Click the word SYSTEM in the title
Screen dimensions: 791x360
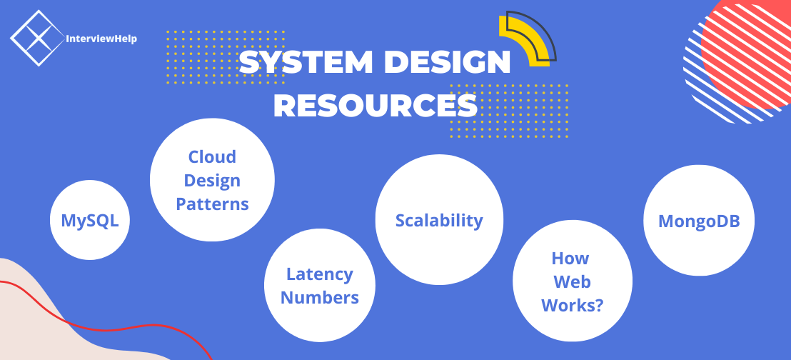(x=306, y=62)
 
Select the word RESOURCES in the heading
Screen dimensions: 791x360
(x=376, y=106)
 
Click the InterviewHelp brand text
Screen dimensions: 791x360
(x=101, y=39)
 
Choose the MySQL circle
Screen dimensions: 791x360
(x=90, y=220)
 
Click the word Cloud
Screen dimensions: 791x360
(x=212, y=156)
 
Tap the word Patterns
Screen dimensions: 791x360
(x=212, y=204)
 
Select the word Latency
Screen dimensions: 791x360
(x=320, y=274)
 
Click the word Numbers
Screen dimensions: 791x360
(x=320, y=297)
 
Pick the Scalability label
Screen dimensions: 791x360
(x=439, y=220)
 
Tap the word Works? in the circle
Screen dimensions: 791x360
(x=572, y=306)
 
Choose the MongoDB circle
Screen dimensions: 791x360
(x=699, y=221)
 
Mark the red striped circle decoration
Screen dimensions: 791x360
(x=742, y=58)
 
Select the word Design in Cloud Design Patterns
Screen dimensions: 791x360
(x=212, y=180)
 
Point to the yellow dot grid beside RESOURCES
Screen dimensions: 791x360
(x=510, y=111)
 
